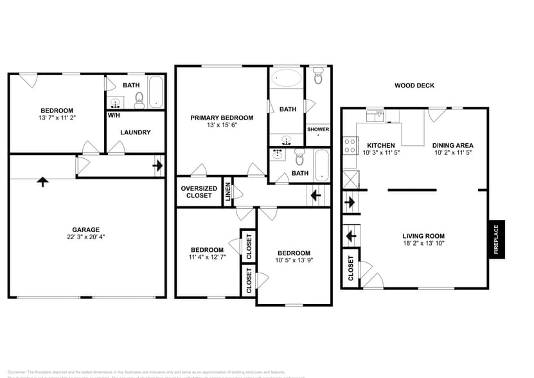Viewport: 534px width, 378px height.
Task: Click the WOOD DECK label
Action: pos(414,85)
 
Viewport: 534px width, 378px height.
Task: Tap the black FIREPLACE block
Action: pos(496,239)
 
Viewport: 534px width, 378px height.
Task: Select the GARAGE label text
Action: pos(85,230)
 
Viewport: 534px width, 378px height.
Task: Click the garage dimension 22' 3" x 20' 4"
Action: pos(85,237)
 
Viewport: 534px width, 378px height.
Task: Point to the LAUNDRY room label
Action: pos(136,132)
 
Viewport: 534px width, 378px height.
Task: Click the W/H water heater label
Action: pos(114,116)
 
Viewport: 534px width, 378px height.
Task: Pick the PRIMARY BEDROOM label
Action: pos(222,118)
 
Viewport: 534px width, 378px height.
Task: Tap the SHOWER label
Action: pos(317,129)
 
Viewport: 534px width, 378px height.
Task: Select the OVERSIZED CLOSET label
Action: pos(199,192)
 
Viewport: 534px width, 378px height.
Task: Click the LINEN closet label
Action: pos(227,192)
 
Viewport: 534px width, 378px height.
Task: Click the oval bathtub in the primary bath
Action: pos(286,79)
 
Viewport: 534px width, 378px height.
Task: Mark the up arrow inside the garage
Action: pos(42,181)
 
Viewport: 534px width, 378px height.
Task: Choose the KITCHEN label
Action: pos(380,146)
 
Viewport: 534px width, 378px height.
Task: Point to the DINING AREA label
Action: pos(452,146)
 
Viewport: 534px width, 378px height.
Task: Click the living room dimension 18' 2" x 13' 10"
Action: pos(423,243)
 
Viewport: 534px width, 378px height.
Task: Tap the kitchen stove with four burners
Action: pos(351,147)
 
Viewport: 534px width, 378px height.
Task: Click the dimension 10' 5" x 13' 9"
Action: pos(294,260)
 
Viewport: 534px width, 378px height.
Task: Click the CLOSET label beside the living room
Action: pos(351,269)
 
